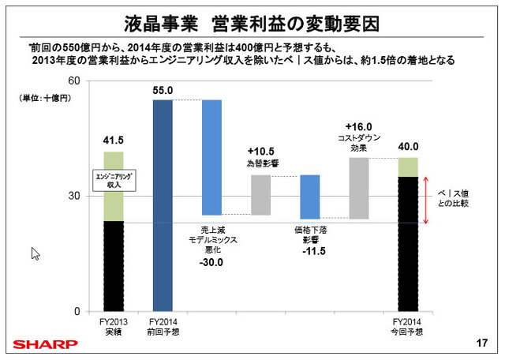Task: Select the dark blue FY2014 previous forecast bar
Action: [163, 205]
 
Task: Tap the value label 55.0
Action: [163, 92]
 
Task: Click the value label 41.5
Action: [114, 141]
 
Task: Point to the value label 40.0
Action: [407, 146]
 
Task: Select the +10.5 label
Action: [261, 151]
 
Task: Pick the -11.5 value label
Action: [311, 252]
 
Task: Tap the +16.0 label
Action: [358, 126]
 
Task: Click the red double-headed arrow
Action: [426, 200]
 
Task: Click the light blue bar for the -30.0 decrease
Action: [211, 157]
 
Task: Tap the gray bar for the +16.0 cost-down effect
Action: [358, 188]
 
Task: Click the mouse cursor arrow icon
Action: [35, 254]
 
